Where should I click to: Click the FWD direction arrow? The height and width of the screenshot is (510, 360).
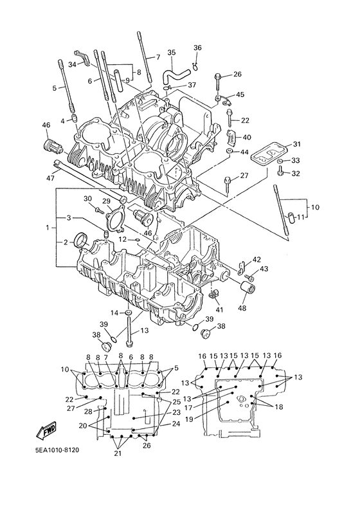point(46,430)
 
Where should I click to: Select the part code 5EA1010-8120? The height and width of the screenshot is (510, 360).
point(57,450)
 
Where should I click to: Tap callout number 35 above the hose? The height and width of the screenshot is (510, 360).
point(172,52)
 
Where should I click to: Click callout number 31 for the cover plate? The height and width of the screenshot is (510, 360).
point(297,144)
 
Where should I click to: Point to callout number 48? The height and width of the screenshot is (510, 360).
point(243,307)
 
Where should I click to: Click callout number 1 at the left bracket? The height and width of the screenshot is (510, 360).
point(48,228)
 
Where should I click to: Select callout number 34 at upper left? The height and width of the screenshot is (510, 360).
point(72,64)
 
